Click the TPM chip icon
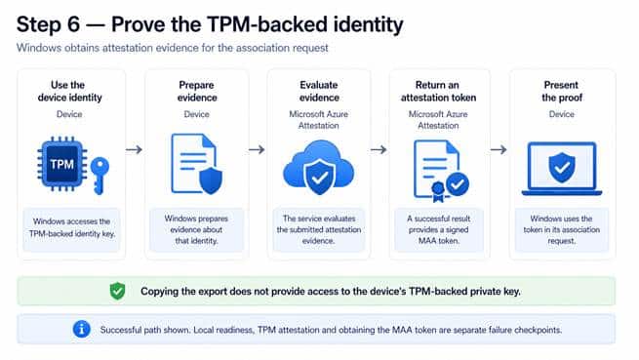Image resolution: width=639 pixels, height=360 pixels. pyautogui.click(x=61, y=164)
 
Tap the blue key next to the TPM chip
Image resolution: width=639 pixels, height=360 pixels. pyautogui.click(x=100, y=176)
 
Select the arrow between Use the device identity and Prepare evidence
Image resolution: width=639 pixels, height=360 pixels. pyautogui.click(x=134, y=150)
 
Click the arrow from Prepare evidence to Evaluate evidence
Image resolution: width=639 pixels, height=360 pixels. pyautogui.click(x=257, y=150)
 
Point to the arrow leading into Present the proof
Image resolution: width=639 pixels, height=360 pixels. pyautogui.click(x=499, y=150)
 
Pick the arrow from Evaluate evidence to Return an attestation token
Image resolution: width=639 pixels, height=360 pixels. pyautogui.click(x=379, y=150)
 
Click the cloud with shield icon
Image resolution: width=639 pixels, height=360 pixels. pyautogui.click(x=319, y=167)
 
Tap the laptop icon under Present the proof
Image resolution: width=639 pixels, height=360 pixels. pyautogui.click(x=562, y=169)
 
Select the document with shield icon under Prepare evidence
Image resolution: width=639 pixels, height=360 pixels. pyautogui.click(x=197, y=164)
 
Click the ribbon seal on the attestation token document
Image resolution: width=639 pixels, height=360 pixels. pyautogui.click(x=438, y=191)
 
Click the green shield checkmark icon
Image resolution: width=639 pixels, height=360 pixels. pyautogui.click(x=117, y=291)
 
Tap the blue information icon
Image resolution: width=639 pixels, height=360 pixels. pyautogui.click(x=82, y=329)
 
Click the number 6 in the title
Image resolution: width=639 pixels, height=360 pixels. pyautogui.click(x=73, y=24)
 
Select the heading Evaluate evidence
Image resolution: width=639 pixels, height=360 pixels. pyautogui.click(x=319, y=92)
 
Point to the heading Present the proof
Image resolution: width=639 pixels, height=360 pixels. pyautogui.click(x=562, y=92)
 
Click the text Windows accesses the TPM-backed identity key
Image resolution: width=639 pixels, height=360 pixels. pyautogui.click(x=72, y=227)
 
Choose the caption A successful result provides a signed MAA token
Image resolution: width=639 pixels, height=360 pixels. pyautogui.click(x=438, y=229)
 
